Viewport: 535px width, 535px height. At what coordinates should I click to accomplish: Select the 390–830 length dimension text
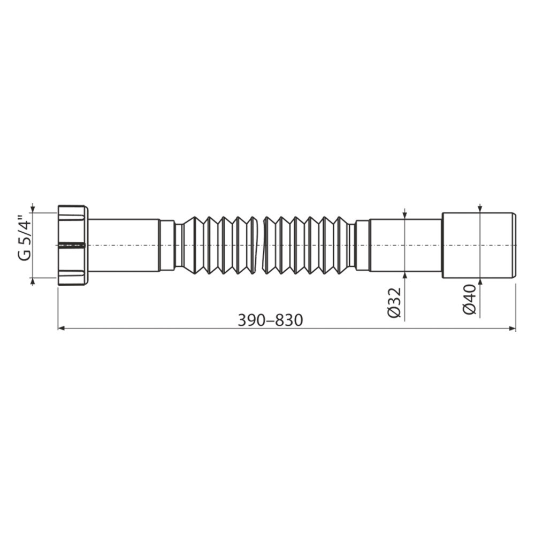click(270, 320)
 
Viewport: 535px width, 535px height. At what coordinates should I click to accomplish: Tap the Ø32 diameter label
click(394, 303)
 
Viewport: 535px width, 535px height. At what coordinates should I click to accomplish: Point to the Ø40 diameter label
click(470, 300)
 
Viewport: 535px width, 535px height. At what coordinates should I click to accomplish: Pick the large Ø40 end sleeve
click(478, 246)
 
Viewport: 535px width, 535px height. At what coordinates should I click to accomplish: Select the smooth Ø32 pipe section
click(406, 246)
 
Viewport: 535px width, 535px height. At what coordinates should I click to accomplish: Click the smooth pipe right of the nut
click(125, 246)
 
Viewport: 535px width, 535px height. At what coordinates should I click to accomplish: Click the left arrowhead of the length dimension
click(62, 328)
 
